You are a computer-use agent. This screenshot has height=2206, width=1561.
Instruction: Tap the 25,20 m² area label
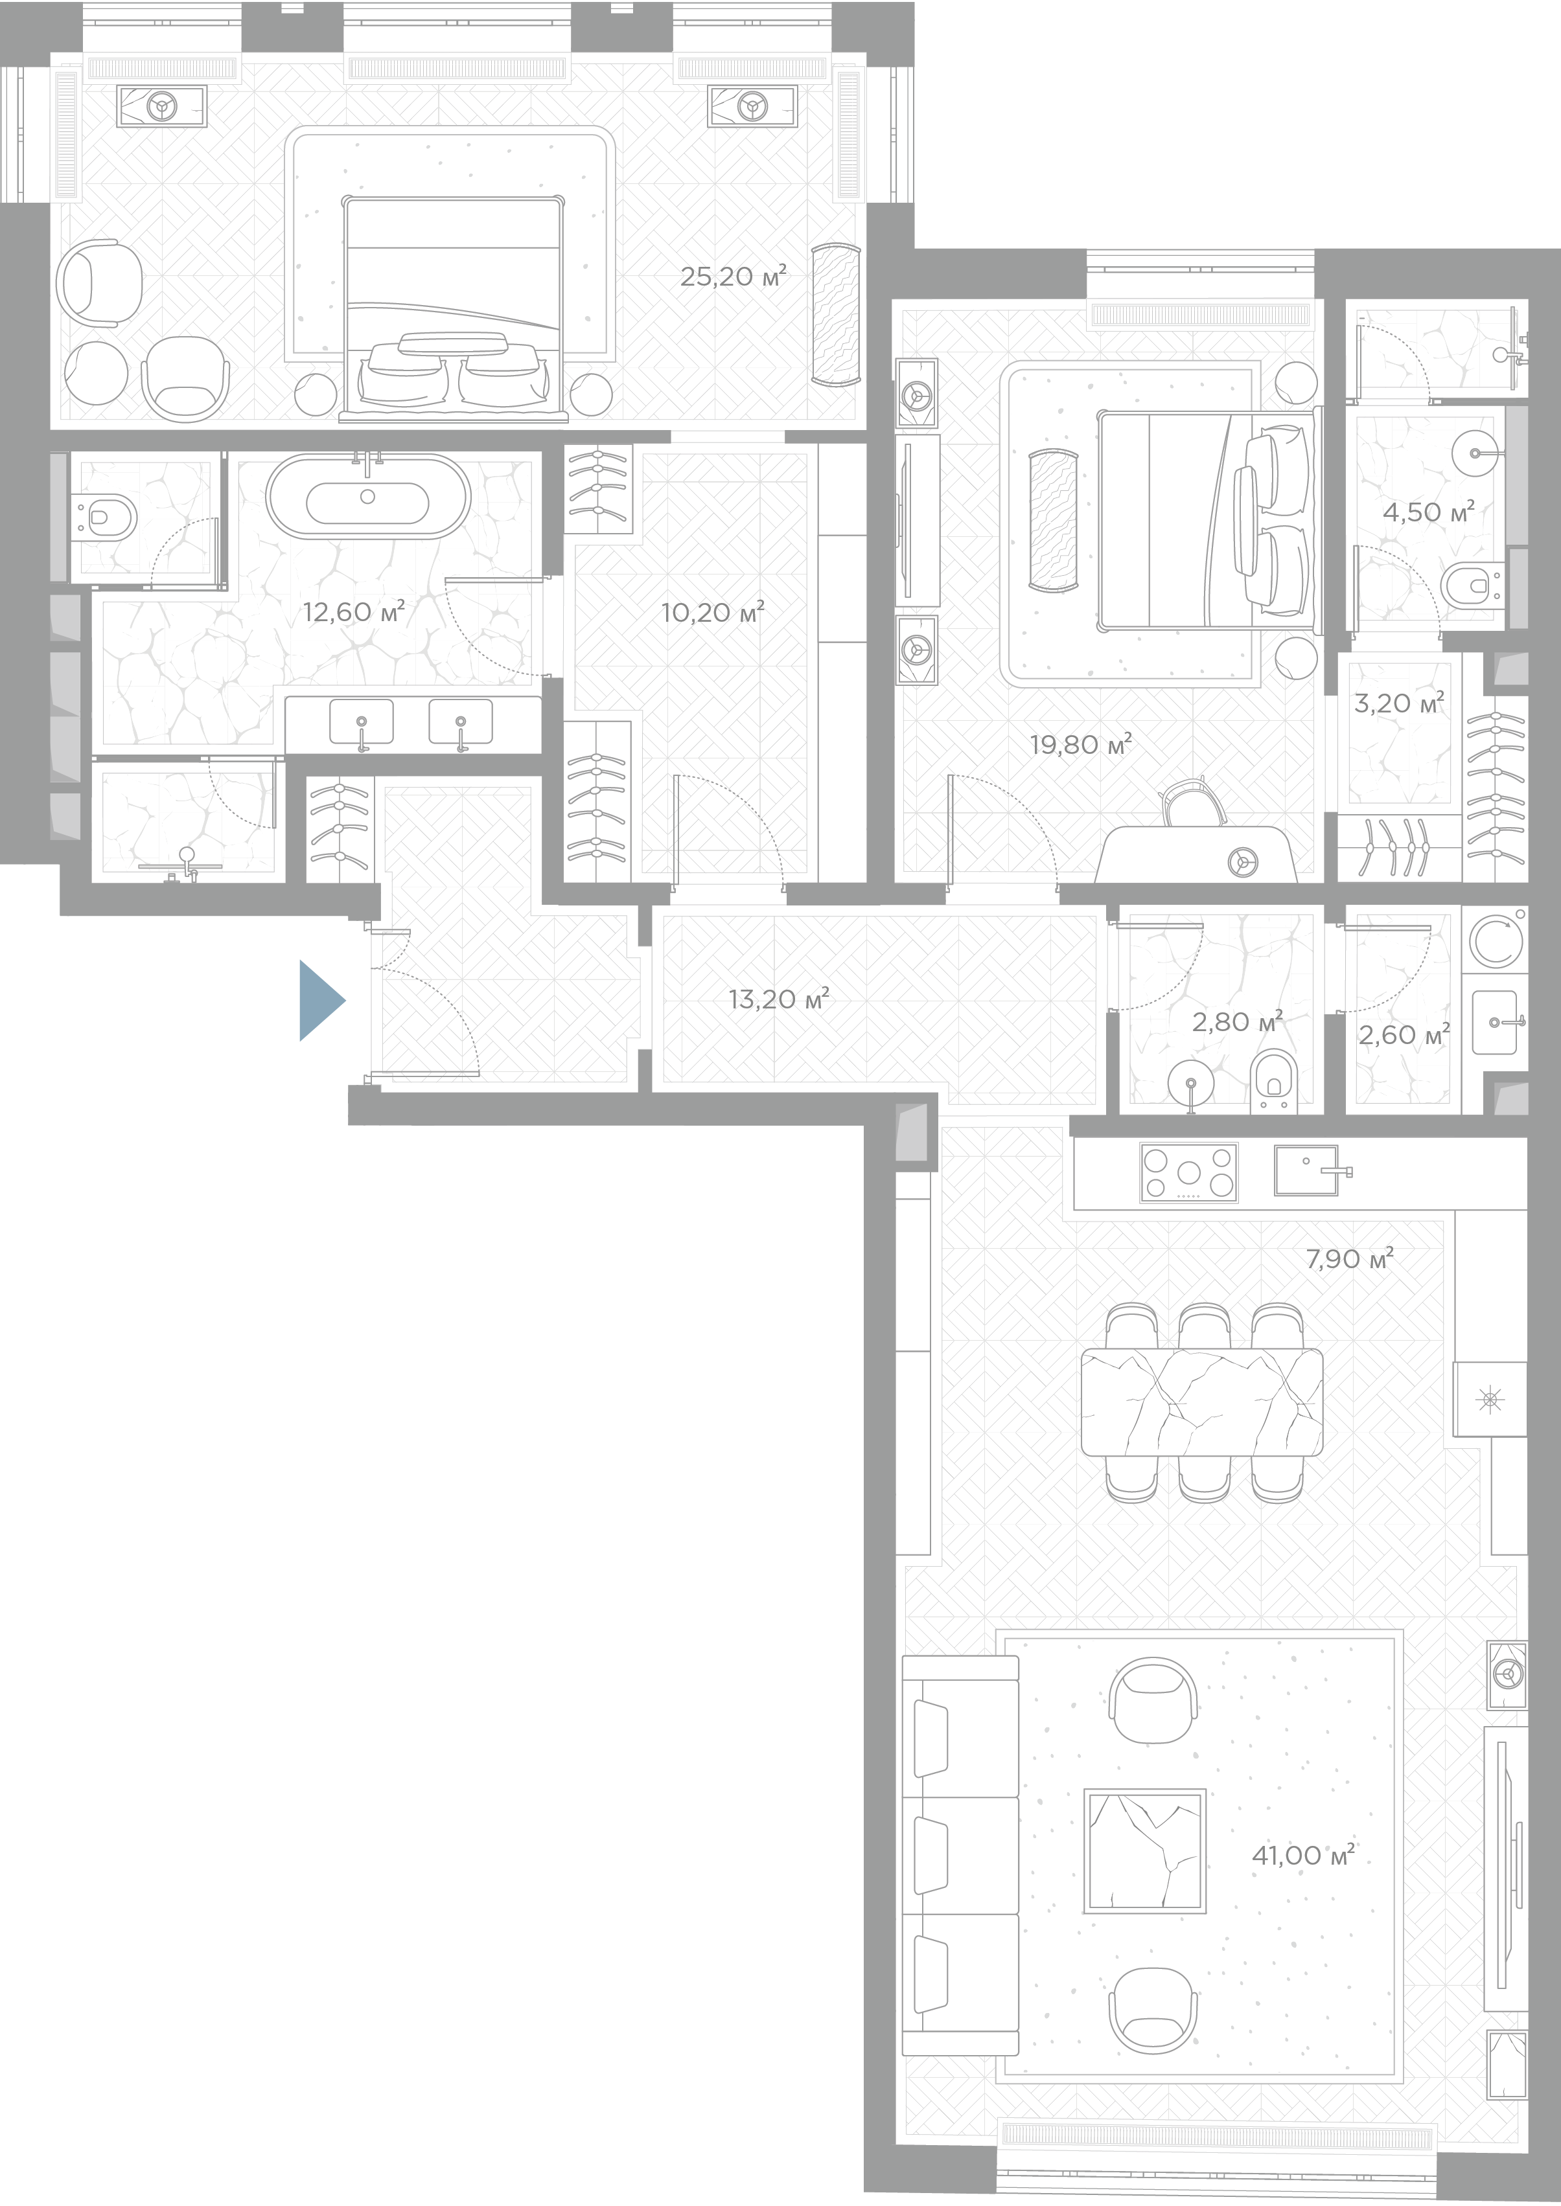(x=734, y=277)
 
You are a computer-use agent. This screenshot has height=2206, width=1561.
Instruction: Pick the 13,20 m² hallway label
(x=779, y=999)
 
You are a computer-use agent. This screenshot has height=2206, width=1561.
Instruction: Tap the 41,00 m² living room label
(x=1302, y=1854)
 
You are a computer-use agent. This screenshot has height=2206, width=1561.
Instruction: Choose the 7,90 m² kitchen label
(x=1350, y=1258)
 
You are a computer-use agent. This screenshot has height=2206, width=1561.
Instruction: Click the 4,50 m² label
(x=1428, y=512)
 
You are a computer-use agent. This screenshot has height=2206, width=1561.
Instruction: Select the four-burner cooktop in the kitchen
(x=1189, y=1173)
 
